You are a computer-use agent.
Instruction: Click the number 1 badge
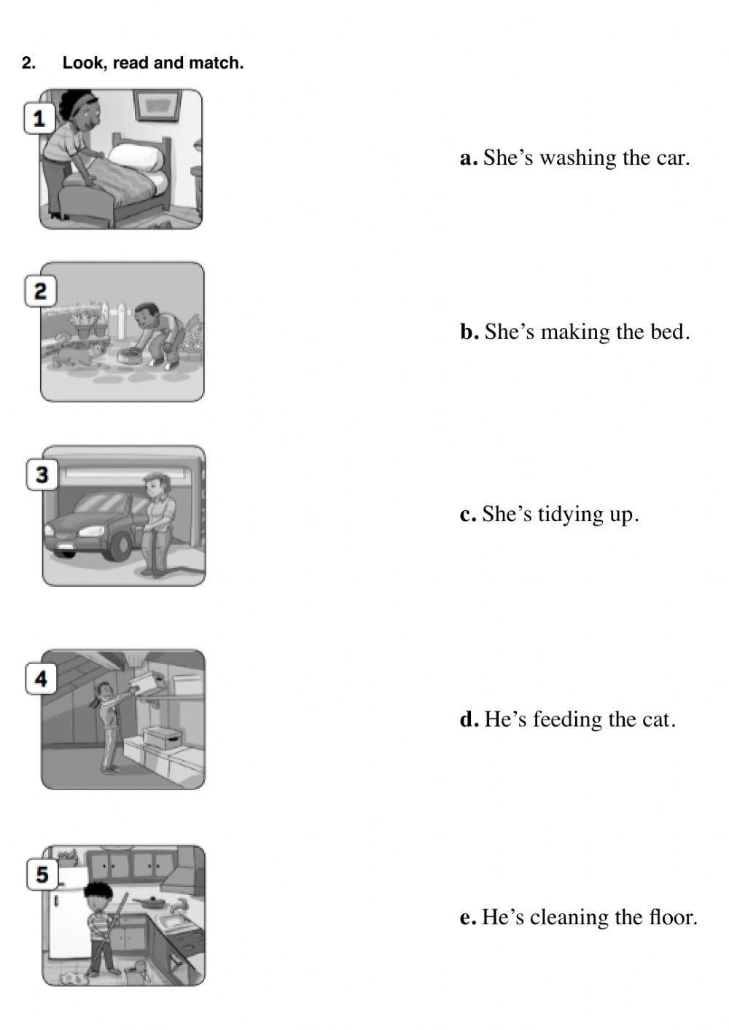pos(39,118)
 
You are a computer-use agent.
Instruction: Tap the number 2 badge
pos(40,292)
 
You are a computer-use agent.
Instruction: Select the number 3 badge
pos(42,475)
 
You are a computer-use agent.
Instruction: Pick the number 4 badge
pos(41,679)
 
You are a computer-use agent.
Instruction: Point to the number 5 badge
pos(42,874)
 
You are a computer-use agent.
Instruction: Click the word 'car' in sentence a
pos(674,158)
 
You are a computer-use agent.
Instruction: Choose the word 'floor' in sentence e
pos(671,917)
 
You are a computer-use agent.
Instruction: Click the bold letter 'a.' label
pos(469,158)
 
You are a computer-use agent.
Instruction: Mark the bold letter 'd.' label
pos(469,720)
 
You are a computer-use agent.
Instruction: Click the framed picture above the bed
pos(158,104)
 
